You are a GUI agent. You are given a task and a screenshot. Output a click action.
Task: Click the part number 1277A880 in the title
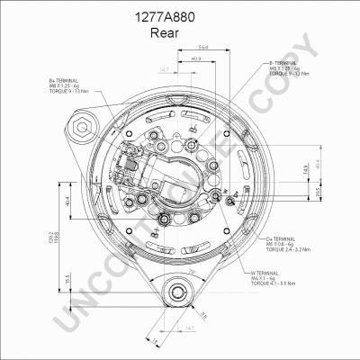179,16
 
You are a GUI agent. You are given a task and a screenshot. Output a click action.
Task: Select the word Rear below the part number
179,32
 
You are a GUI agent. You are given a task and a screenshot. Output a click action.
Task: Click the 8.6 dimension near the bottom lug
204,314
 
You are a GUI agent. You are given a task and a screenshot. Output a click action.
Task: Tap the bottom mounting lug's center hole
178,290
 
